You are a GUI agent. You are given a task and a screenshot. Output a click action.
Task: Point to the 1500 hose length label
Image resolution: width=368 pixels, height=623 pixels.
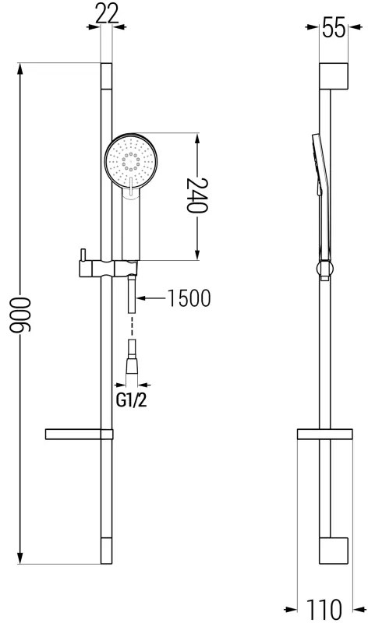tap(189, 298)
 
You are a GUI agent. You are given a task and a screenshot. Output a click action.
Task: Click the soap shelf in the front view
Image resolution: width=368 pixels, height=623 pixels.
tap(79, 434)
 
